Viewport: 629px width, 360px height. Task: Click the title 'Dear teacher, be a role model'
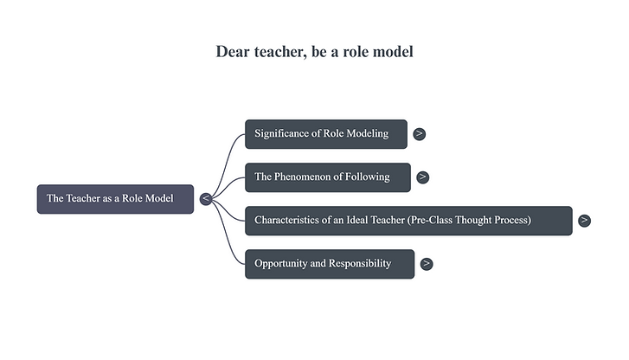point(314,51)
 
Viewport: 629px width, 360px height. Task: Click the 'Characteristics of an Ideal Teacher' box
point(408,220)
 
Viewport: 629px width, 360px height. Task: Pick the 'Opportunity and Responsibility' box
point(329,263)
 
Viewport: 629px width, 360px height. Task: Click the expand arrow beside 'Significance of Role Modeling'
point(419,134)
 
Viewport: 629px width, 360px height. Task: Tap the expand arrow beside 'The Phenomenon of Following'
point(422,177)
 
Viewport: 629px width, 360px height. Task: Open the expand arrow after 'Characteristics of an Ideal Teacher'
point(584,220)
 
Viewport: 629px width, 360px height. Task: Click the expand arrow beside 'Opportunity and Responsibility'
point(427,263)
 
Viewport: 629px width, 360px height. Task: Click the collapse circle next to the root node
point(206,199)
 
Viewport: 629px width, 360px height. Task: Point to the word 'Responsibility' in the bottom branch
point(358,263)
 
